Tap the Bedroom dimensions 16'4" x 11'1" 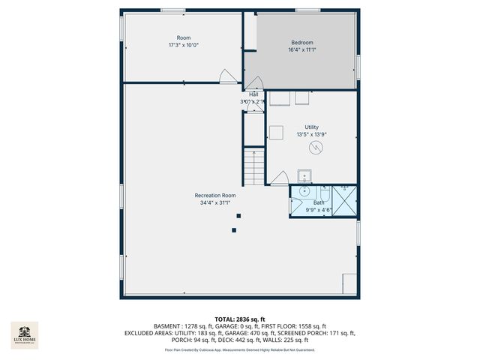pos(301,51)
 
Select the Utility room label pos(312,127)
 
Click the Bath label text pos(319,202)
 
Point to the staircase pos(254,166)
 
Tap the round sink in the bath pos(304,191)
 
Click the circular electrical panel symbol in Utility pos(318,147)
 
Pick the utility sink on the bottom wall pos(304,176)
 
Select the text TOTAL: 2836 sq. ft pos(240,319)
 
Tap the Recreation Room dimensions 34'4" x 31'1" pos(215,202)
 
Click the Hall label pos(254,94)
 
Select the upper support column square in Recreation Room pos(238,216)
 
